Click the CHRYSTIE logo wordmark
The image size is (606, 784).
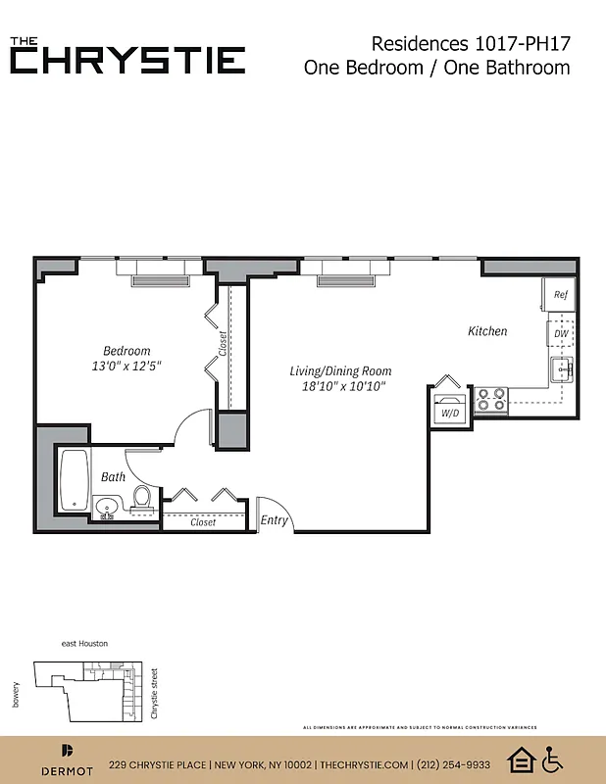[127, 60]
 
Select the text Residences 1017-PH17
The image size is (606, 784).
[471, 43]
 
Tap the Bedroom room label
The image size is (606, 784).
[127, 351]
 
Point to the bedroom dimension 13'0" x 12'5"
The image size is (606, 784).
[127, 367]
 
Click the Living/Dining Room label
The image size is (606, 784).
[340, 371]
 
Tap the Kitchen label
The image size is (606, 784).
[487, 331]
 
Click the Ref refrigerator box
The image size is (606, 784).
[561, 294]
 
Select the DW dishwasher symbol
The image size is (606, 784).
[561, 334]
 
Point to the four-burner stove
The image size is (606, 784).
[491, 399]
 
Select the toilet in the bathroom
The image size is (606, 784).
[141, 497]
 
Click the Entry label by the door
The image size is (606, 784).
[275, 520]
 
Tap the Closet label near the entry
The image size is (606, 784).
[203, 522]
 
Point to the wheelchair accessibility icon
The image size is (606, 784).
[553, 759]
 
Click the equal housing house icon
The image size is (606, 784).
[520, 759]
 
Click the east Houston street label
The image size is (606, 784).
[84, 643]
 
